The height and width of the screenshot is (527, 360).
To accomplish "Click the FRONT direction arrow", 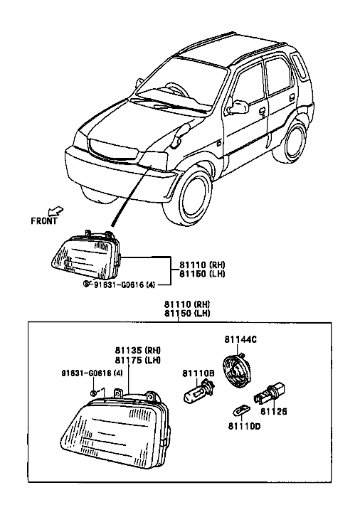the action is [x=55, y=211].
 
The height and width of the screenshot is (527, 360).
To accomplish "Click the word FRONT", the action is [x=44, y=220].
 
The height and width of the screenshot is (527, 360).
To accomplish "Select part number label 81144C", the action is [x=240, y=339].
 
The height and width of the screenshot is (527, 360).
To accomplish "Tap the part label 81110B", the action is [x=198, y=373].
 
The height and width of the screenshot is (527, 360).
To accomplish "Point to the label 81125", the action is [x=274, y=411].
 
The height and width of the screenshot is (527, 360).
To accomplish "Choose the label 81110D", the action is [x=244, y=427].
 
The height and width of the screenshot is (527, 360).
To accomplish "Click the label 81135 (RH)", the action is [x=138, y=350].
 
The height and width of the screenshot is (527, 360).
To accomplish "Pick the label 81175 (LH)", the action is [x=138, y=360].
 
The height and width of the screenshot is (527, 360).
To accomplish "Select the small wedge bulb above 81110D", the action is [x=241, y=410].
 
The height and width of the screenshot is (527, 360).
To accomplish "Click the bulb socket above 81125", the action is [x=270, y=393].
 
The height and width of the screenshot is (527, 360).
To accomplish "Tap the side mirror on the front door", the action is [x=238, y=106].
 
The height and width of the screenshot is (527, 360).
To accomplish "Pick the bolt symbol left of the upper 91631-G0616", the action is [x=87, y=284].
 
